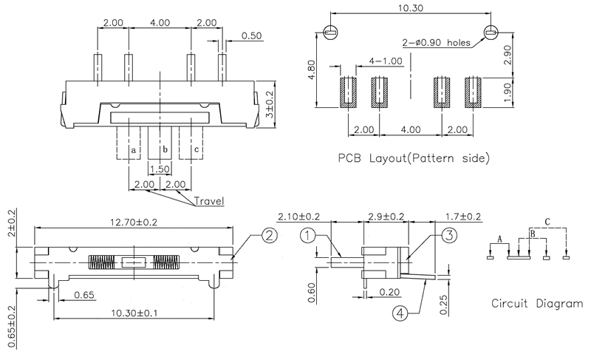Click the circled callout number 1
point(308,237)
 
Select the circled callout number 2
point(269,237)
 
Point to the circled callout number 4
point(399,313)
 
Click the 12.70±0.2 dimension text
point(134,222)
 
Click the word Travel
point(210,200)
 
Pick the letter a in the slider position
point(133,151)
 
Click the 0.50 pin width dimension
point(251,35)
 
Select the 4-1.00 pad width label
point(383,61)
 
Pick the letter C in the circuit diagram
point(547,221)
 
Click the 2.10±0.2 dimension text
point(298,217)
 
